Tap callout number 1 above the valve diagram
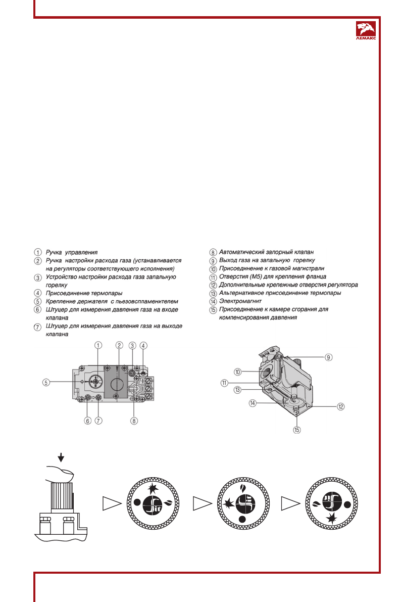(98, 345)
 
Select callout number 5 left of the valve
(45, 383)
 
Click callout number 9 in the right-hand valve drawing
(328, 357)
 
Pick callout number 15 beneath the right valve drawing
(297, 430)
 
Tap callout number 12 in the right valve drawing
(341, 406)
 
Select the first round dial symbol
(152, 503)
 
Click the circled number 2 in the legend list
(38, 260)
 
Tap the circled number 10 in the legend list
(213, 268)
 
